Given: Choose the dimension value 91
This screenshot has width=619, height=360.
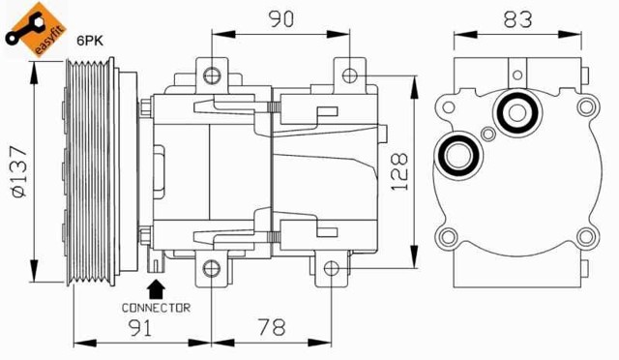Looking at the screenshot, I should click(x=142, y=330).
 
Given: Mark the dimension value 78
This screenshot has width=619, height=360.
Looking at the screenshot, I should click(x=273, y=330).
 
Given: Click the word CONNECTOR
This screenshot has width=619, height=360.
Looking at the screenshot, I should click(x=156, y=307).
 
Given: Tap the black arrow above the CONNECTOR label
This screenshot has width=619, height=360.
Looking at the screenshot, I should click(x=156, y=287).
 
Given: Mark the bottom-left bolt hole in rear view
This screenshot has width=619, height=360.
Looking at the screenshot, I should click(x=447, y=236).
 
